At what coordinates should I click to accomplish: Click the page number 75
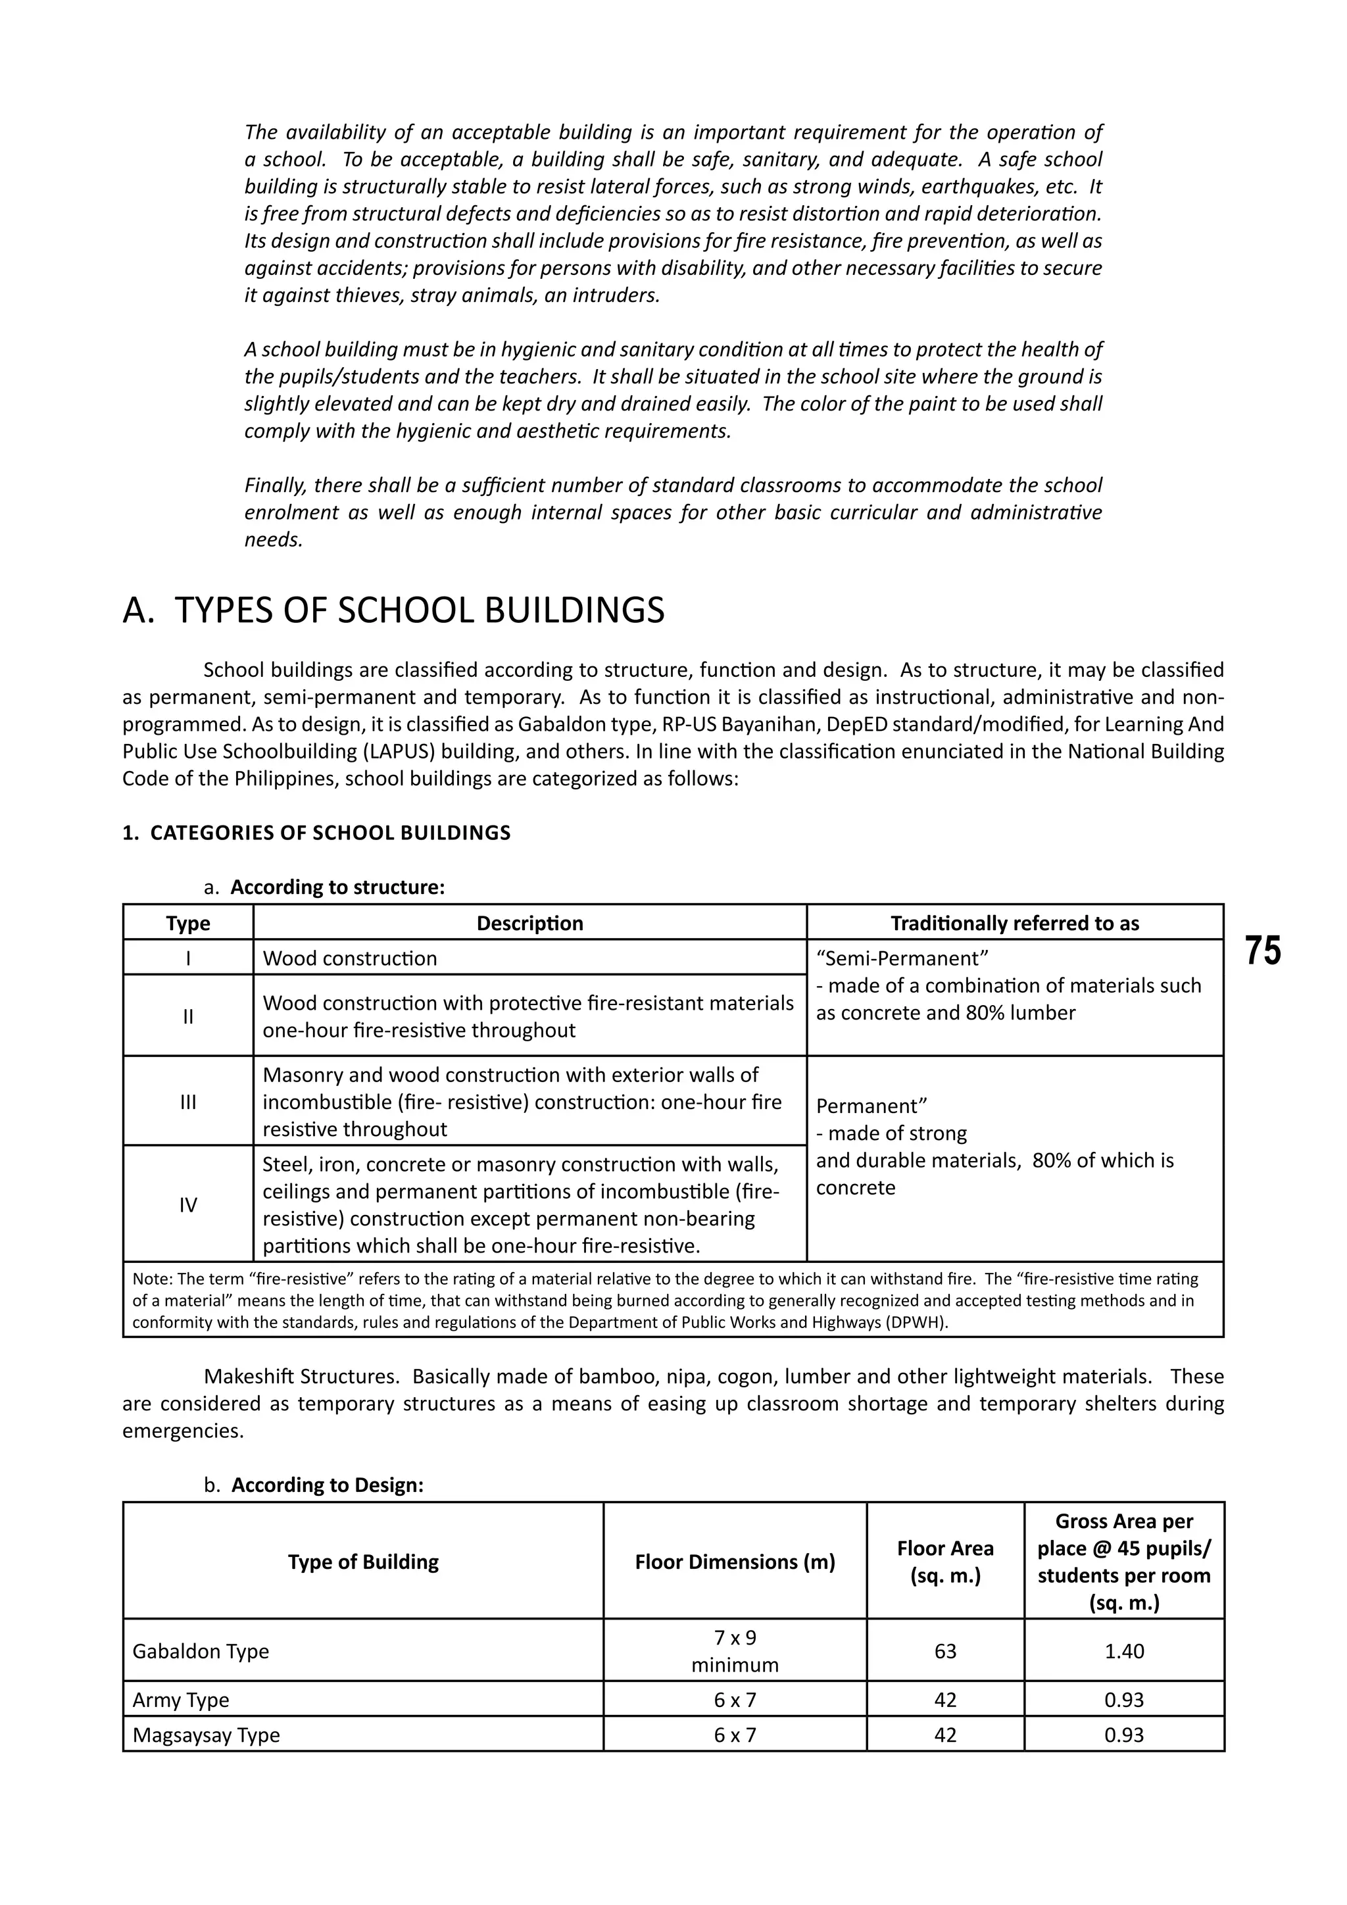click(x=1262, y=951)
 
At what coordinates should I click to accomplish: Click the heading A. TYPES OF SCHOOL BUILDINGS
click(x=393, y=610)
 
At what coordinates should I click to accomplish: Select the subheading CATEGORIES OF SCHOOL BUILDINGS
click(x=330, y=832)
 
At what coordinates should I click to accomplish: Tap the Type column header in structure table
click(x=188, y=923)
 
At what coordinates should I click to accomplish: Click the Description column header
click(x=529, y=923)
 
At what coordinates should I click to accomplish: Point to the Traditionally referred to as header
click(x=1014, y=923)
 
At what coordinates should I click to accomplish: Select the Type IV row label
click(x=188, y=1204)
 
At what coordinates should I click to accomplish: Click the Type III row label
click(x=188, y=1102)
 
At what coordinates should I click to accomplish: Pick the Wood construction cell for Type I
click(x=349, y=958)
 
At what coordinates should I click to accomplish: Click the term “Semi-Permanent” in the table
click(x=902, y=958)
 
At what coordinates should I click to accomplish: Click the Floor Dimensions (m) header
click(x=735, y=1562)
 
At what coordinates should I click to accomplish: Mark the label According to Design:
click(x=327, y=1485)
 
